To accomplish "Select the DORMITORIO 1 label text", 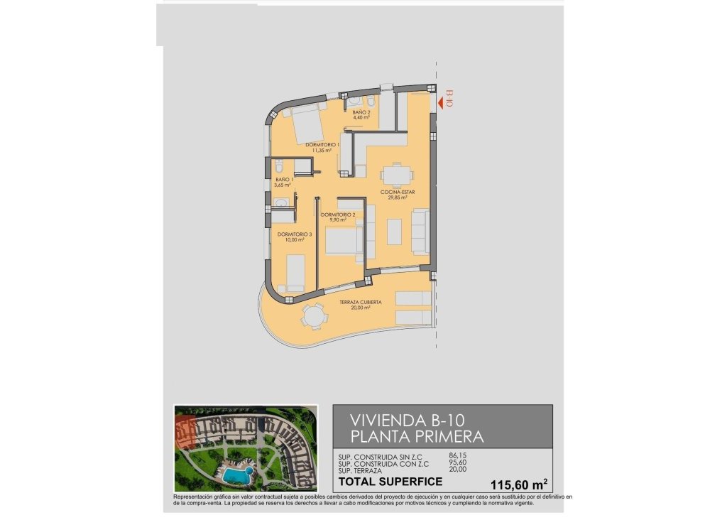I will pos(323,147).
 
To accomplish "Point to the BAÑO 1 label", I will pos(284,183).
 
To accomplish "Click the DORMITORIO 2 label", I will pos(338,217).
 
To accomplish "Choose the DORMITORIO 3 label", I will pos(295,237).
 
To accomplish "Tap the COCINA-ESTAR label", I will pos(398,195).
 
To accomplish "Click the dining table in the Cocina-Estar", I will pos(395,175).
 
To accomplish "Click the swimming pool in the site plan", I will pos(234,472).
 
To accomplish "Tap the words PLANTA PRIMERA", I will pos(417,435).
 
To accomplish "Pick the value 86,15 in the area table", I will pos(459,455).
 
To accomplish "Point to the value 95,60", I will pos(459,463).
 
